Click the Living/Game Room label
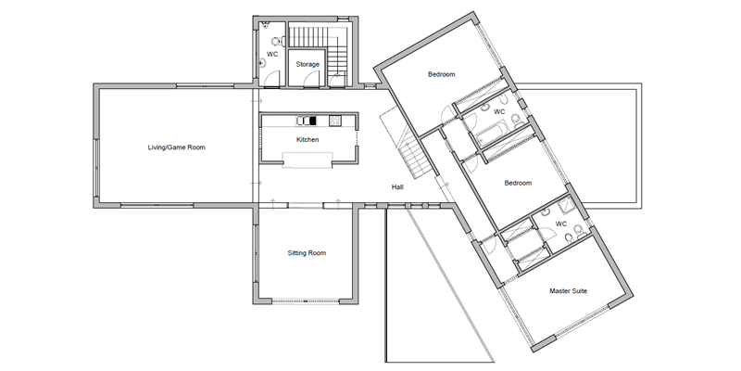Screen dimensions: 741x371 pyautogui.click(x=176, y=147)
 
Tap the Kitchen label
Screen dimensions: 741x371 pyautogui.click(x=308, y=140)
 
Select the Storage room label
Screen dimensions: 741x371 pyautogui.click(x=308, y=64)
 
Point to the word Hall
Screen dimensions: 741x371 pyautogui.click(x=397, y=187)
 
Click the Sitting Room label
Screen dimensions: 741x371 pyautogui.click(x=307, y=253)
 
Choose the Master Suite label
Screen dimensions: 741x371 pyautogui.click(x=568, y=291)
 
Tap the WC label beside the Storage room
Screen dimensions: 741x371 pyautogui.click(x=272, y=55)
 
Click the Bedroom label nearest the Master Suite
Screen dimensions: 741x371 pyautogui.click(x=518, y=183)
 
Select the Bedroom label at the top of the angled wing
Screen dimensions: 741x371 pyautogui.click(x=442, y=74)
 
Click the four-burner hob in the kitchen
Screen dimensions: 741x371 pyautogui.click(x=335, y=121)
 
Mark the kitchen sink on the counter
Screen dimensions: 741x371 pyautogui.click(x=307, y=121)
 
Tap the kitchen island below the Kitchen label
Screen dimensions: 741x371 pyautogui.click(x=308, y=160)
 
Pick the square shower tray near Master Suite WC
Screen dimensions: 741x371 pyautogui.click(x=566, y=205)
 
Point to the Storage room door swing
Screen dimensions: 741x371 pyautogui.click(x=312, y=81)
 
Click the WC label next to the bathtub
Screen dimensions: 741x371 pyautogui.click(x=499, y=112)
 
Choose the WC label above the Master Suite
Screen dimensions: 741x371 pyautogui.click(x=561, y=224)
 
